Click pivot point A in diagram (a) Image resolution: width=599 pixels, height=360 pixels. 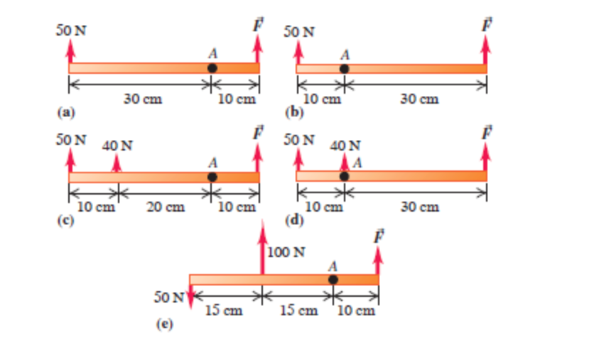(212, 68)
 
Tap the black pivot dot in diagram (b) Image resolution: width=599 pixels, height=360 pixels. (344, 69)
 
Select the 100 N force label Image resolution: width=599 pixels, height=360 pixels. (286, 253)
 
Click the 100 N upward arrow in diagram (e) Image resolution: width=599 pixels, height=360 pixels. (262, 249)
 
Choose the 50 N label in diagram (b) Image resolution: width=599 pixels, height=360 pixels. (300, 33)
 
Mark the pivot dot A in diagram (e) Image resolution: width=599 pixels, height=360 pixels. (333, 280)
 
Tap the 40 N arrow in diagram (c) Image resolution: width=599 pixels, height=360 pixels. (117, 163)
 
